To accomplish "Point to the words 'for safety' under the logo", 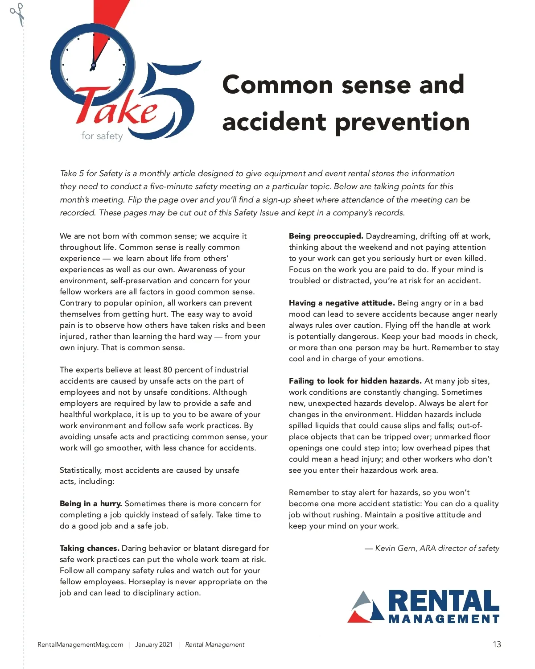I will pos(102,136).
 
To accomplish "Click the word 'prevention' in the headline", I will pos(402,122).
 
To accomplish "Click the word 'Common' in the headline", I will pos(277,84).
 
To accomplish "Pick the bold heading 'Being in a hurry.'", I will pos(91,504).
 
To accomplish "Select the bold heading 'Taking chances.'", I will pos(90,548).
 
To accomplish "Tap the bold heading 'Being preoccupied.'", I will pos(326,236).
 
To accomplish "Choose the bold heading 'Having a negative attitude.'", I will pos(342,303).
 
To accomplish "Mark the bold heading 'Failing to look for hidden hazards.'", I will pos(355,381).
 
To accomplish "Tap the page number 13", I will pos(497,644).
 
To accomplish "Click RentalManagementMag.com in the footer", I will pos(80,644).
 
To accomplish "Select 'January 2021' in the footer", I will pos(153,644).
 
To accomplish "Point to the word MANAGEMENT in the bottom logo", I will pos(443,619).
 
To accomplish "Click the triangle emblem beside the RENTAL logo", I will pos(366,607).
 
